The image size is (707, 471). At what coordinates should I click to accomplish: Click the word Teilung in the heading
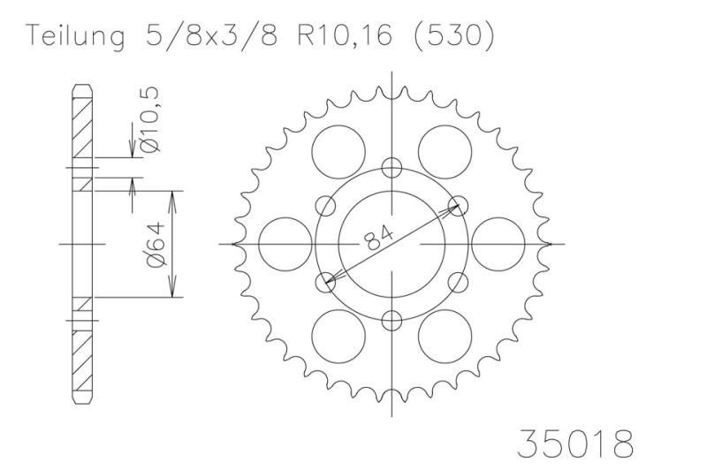pos(75,36)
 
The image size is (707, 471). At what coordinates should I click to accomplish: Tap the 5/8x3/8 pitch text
pos(212,34)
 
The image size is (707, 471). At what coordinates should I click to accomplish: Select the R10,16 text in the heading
pos(345,35)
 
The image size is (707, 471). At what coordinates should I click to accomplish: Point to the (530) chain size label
pos(453,35)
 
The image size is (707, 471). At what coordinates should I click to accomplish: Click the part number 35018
pos(575,444)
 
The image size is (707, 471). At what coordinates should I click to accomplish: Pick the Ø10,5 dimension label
pos(149,119)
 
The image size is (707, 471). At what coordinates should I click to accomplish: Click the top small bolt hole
pos(392,168)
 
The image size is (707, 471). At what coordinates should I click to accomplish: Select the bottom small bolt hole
pos(392,321)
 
